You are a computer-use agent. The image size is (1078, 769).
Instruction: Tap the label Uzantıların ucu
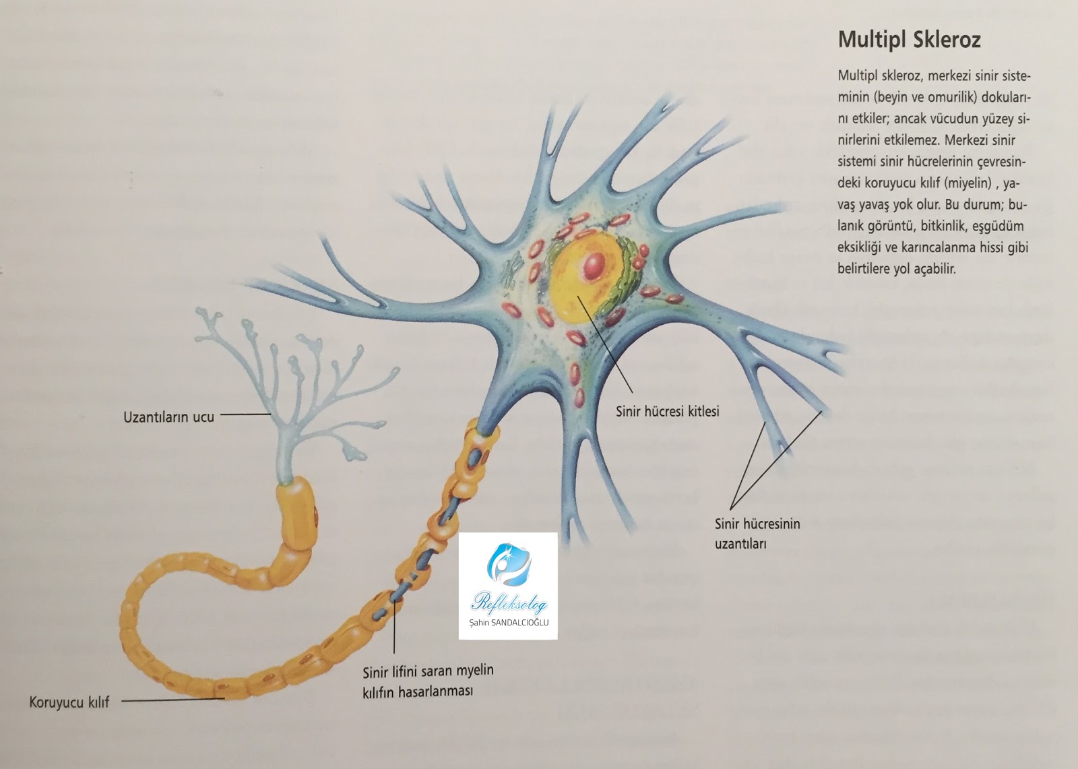pyautogui.click(x=168, y=417)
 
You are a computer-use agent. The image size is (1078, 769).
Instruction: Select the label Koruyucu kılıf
pyautogui.click(x=69, y=703)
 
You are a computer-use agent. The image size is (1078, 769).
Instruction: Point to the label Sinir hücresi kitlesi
pyautogui.click(x=668, y=410)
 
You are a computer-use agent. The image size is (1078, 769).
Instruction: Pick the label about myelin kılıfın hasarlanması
pyautogui.click(x=428, y=681)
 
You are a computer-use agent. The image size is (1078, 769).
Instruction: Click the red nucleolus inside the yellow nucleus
pyautogui.click(x=594, y=267)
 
